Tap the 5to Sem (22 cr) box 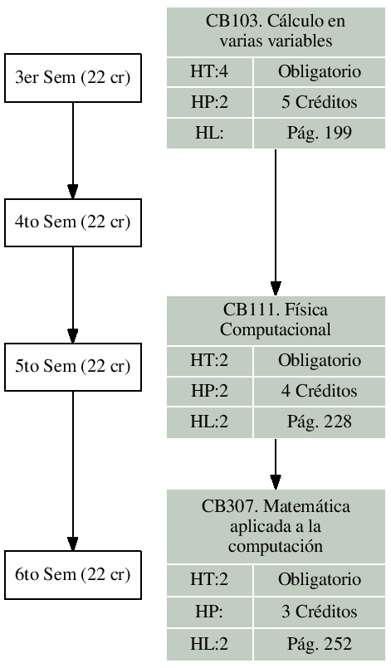tap(73, 365)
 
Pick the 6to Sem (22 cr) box tap(73, 573)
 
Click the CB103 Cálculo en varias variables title tap(276, 31)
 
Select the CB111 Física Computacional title tap(276, 319)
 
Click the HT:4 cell tap(209, 73)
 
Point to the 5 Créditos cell tap(320, 104)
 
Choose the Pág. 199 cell tap(320, 134)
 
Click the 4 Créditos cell tap(320, 391)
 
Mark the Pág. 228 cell tap(320, 422)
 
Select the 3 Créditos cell tap(320, 612)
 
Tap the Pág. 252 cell tap(320, 642)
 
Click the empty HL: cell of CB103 tap(209, 134)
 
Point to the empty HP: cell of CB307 tap(209, 612)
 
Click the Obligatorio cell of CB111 tap(320, 360)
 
